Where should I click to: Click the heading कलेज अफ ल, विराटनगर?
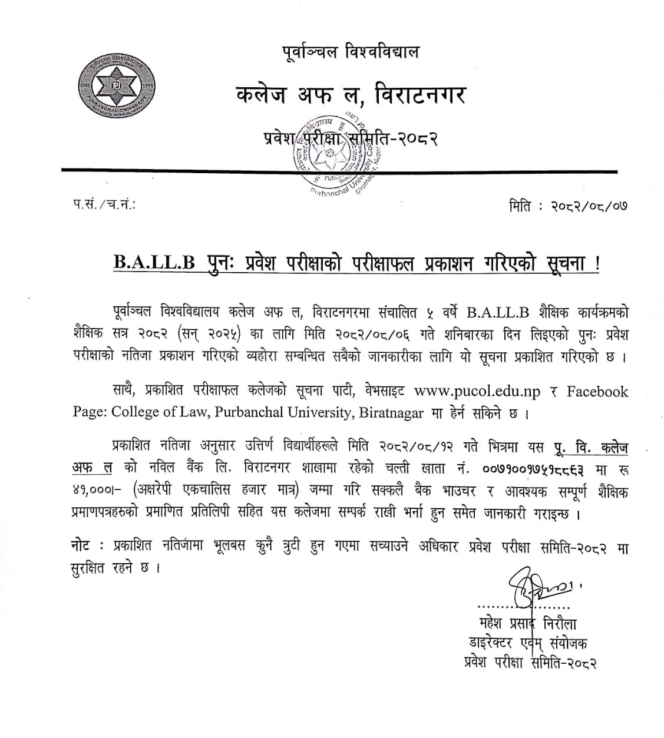pyautogui.click(x=350, y=95)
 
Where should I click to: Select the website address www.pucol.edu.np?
pyautogui.click(x=477, y=391)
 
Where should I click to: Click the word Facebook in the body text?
pyautogui.click(x=597, y=391)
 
